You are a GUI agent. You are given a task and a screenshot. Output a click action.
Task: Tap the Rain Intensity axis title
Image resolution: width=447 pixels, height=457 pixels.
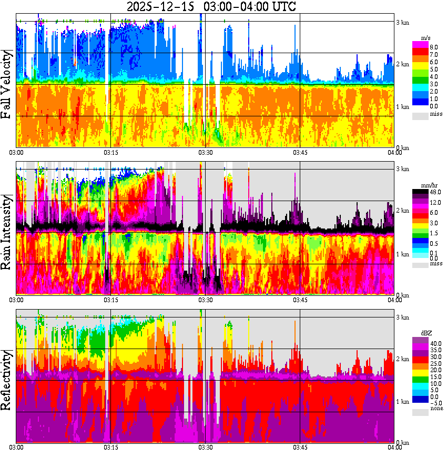7,232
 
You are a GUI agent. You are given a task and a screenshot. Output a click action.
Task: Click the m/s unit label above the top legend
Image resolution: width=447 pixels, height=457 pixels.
425,38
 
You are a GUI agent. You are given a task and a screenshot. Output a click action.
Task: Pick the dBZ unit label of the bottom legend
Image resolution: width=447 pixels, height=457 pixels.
424,334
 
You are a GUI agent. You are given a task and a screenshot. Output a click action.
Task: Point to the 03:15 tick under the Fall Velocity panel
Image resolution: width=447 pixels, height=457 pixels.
110,152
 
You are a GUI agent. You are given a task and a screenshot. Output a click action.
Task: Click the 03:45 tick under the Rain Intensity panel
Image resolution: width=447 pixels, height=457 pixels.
300,300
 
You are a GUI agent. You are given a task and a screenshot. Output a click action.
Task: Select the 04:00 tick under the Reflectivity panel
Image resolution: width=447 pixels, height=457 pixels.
395,447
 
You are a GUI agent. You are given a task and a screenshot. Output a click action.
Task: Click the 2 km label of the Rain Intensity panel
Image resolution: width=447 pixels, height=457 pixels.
403,211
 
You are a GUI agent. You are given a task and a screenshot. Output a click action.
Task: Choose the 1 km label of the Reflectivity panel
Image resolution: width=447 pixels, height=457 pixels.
403,402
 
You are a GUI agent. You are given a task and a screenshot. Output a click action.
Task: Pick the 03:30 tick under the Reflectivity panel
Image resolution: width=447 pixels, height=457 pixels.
205,447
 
